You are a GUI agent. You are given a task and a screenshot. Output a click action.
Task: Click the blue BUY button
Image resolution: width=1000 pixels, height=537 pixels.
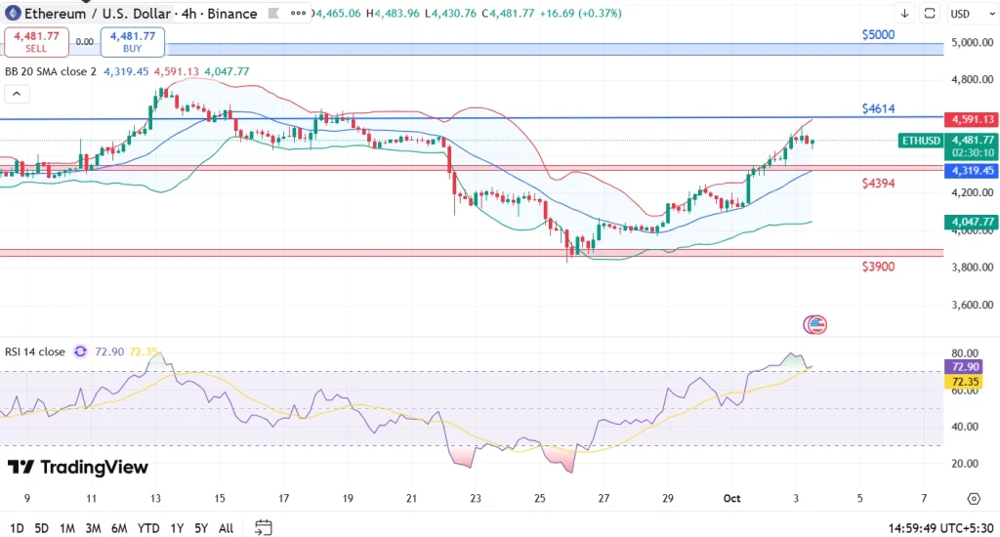[x=132, y=42]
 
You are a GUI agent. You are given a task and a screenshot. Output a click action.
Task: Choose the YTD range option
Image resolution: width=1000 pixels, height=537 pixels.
[x=148, y=528]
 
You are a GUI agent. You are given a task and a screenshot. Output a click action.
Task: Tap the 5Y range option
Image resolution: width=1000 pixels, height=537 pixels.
[x=200, y=528]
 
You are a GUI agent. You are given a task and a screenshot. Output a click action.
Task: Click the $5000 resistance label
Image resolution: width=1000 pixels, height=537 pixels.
[x=878, y=34]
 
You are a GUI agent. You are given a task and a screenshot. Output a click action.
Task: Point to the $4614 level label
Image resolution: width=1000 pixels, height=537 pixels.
[x=878, y=108]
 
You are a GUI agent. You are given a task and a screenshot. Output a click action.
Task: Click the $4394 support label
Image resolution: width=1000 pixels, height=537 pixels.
[x=878, y=184]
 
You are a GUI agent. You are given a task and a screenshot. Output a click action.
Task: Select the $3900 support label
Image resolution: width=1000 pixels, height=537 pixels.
[x=878, y=267]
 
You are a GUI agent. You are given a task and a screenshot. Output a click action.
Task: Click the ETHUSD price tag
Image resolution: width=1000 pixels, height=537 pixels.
[x=920, y=141]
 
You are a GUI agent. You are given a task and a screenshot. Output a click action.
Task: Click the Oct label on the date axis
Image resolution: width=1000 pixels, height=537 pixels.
[x=732, y=498]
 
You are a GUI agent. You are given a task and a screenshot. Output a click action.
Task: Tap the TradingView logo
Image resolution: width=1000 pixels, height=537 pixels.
[x=77, y=468]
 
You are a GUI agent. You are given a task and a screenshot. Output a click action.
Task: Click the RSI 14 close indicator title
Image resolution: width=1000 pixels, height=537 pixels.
[x=35, y=351]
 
